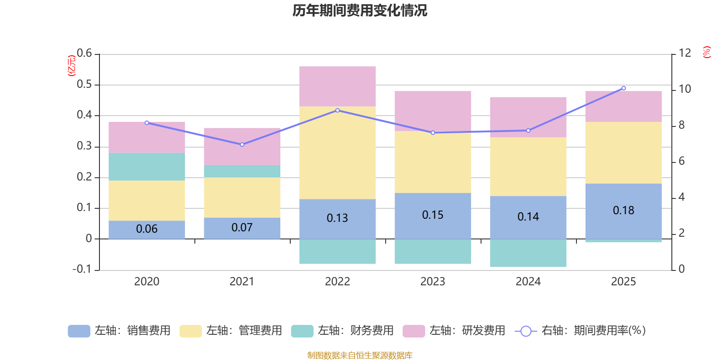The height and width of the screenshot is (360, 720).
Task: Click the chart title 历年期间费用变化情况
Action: coord(360,10)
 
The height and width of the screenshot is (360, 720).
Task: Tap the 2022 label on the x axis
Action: coord(337,282)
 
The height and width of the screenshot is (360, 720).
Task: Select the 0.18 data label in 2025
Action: coord(624,211)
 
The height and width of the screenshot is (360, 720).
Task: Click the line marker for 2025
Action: coord(624,88)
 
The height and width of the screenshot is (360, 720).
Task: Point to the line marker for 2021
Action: coord(242,144)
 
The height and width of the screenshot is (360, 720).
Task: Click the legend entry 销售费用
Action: coord(119,331)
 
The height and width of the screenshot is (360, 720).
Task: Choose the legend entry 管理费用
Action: coord(231,331)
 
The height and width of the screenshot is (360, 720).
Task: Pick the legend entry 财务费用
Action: coord(342,331)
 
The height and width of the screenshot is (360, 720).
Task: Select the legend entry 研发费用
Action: coord(454,331)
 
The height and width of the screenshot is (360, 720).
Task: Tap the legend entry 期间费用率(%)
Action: coord(580,331)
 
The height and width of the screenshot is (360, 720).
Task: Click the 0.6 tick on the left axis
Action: coord(84,54)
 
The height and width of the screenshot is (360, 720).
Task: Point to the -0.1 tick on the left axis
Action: coord(82,269)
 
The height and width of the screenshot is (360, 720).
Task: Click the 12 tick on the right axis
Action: coord(685,53)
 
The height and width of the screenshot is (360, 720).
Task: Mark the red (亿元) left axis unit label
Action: coord(71,66)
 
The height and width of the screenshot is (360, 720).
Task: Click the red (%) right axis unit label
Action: coord(707,52)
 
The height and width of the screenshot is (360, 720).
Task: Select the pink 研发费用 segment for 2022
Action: coord(337,86)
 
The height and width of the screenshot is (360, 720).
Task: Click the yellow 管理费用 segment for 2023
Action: coord(433,162)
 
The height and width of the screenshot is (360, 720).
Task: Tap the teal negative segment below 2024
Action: coord(528,253)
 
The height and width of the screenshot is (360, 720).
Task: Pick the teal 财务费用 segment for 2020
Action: coord(147,166)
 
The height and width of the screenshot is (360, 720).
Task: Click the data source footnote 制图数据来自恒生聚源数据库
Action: coord(360,355)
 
